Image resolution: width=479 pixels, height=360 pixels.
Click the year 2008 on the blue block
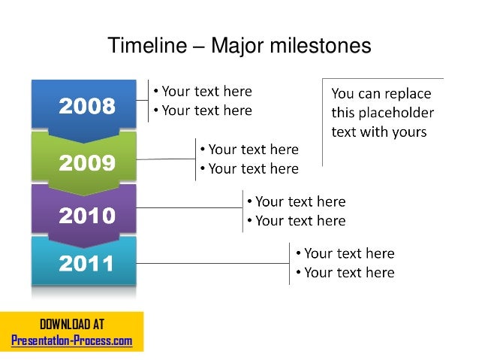tap(88, 107)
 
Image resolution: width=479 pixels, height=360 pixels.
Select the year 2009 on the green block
tap(88, 162)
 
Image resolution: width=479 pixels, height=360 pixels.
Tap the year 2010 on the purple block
tap(88, 216)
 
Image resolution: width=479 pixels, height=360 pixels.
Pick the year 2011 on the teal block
tap(88, 264)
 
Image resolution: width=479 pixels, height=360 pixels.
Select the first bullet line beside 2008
tap(203, 92)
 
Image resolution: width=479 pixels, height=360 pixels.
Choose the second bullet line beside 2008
tap(203, 110)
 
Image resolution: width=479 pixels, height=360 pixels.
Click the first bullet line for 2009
tap(249, 150)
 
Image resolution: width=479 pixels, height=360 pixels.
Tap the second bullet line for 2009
tap(249, 169)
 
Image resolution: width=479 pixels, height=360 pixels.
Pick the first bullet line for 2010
tap(296, 201)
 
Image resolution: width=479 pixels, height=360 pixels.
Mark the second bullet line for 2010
tap(296, 221)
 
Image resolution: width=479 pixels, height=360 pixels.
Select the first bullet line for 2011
tap(345, 253)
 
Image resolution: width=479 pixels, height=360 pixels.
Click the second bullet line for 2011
tap(345, 272)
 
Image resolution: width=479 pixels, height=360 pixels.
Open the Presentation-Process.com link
tap(72, 340)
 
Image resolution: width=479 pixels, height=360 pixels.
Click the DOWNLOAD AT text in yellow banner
tap(72, 325)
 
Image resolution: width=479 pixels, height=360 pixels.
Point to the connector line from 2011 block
tap(213, 264)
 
